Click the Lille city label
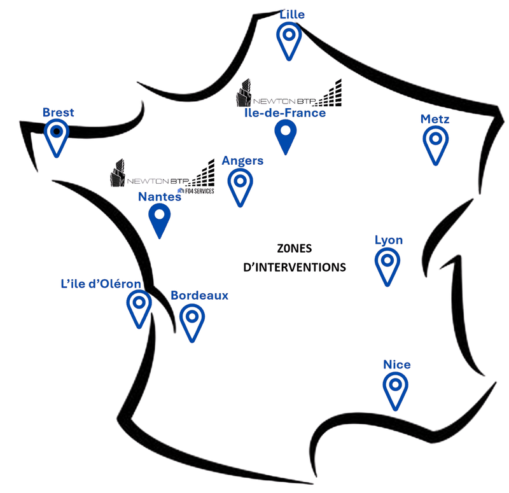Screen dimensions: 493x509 292,14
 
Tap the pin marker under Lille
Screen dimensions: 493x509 289,37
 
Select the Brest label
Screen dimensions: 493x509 59,113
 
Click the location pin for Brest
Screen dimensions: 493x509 57,135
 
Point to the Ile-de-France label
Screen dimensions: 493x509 285,113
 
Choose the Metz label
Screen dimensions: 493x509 435,120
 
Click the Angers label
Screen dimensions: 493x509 242,161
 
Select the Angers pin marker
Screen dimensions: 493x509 240,184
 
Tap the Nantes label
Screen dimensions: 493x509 160,197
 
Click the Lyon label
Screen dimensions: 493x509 388,240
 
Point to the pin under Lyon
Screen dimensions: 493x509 387,263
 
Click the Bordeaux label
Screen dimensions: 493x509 200,296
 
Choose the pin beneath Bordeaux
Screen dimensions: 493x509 192,319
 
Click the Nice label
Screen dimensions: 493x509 397,365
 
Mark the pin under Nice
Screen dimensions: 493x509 395,388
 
